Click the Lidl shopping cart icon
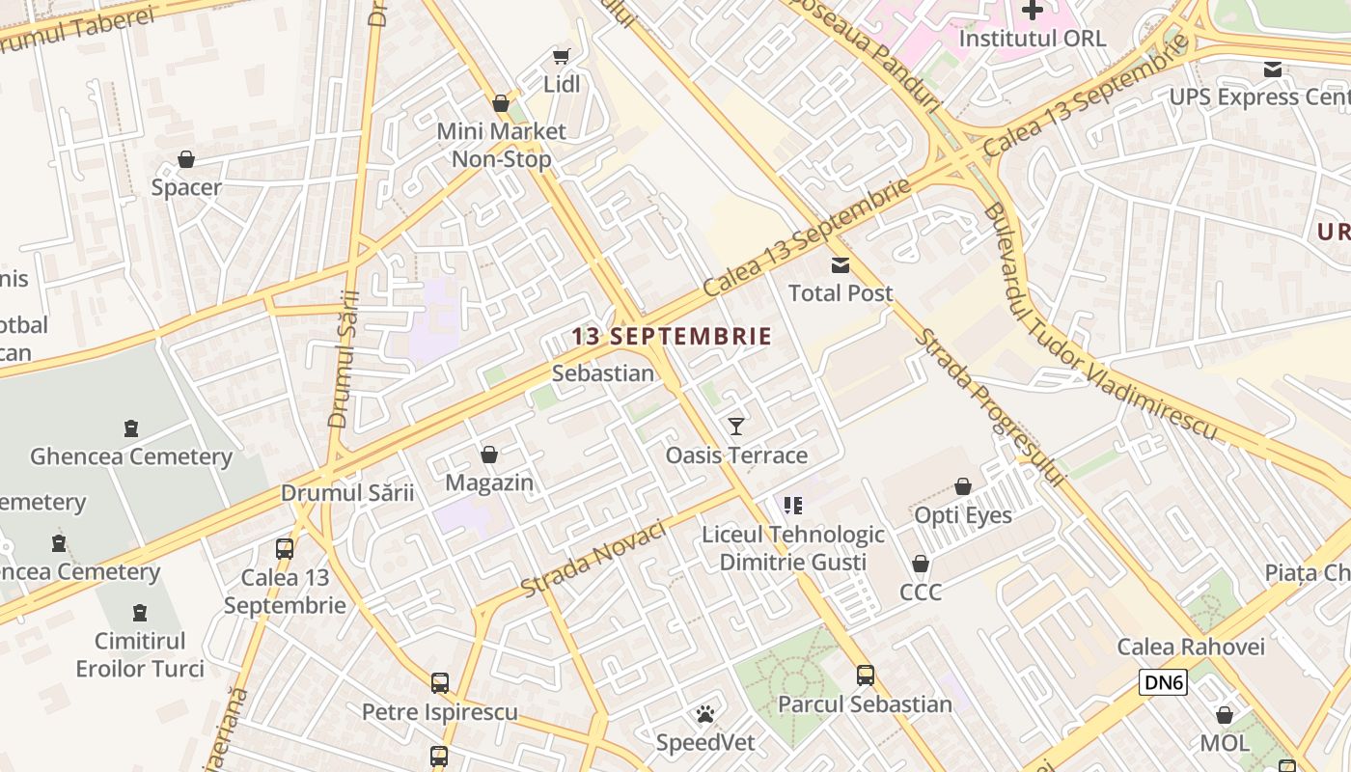tap(561, 57)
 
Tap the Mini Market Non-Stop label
tap(502, 145)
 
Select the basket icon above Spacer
tap(186, 159)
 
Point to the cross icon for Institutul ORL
tap(1033, 11)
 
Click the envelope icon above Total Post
tap(841, 265)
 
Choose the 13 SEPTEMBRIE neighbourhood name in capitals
tap(672, 337)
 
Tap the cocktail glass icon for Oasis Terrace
tap(736, 427)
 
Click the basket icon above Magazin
tap(489, 455)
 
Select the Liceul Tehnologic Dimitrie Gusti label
tap(793, 548)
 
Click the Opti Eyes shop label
tap(963, 515)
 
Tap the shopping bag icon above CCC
tap(921, 564)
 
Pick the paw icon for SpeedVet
tap(705, 715)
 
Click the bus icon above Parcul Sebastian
tap(866, 675)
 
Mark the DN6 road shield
tap(1163, 683)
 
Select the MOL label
tap(1225, 743)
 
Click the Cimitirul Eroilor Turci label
tap(140, 654)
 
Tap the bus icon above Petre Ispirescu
tap(440, 683)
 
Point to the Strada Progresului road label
tap(989, 407)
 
